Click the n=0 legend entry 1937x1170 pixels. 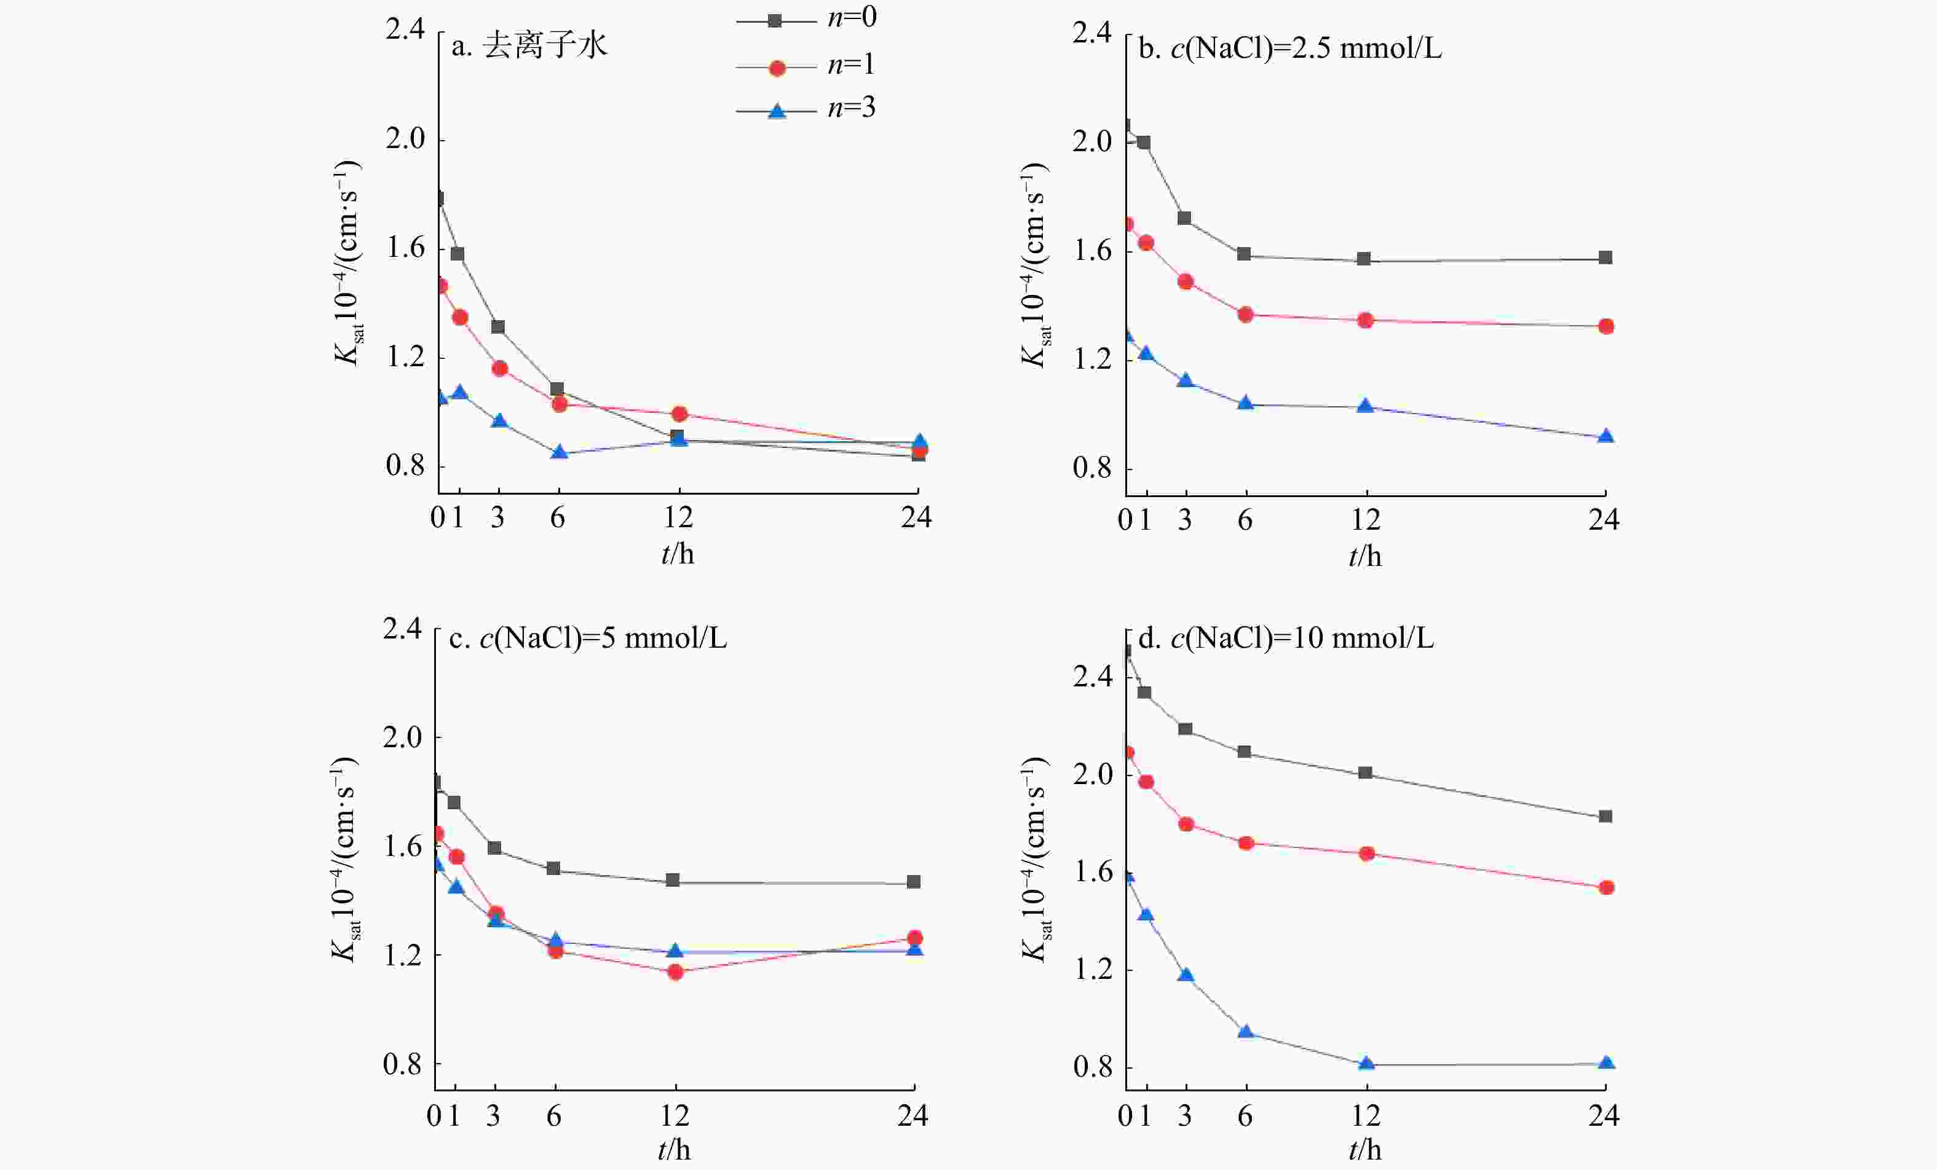(x=806, y=18)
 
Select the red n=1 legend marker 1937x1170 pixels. (x=777, y=68)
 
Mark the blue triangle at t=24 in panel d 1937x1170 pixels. (x=1606, y=1063)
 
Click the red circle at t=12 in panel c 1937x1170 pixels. (x=675, y=972)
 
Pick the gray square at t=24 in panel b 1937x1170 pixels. (x=1606, y=257)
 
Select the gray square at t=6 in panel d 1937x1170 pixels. (x=1245, y=752)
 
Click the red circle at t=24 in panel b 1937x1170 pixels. (x=1606, y=326)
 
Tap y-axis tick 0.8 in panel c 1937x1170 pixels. (x=403, y=1065)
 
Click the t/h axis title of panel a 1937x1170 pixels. (x=678, y=554)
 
